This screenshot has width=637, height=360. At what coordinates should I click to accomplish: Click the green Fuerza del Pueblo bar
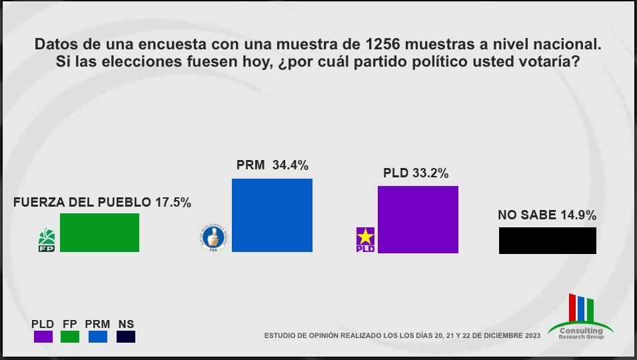point(99,233)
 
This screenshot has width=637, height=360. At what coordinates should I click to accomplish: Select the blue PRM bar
point(272,215)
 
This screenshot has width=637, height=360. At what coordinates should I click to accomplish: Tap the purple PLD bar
point(418,219)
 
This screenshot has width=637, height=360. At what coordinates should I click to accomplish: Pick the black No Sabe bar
point(547,241)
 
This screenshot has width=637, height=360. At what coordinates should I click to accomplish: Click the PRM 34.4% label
point(272,165)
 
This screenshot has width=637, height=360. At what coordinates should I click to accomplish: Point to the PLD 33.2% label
point(415,173)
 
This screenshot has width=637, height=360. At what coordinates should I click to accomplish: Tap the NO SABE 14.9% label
point(546,215)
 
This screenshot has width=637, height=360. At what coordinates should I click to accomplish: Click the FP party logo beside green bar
point(47,240)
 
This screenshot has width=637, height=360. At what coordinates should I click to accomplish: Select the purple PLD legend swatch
point(43,337)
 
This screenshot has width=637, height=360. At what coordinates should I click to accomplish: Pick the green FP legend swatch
point(70,337)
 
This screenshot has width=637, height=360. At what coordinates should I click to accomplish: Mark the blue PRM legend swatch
point(98,337)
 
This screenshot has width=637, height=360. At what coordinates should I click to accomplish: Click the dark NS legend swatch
point(126,337)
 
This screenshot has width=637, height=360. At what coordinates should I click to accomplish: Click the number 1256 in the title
point(383,45)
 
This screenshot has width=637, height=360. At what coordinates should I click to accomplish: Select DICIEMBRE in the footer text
point(498,336)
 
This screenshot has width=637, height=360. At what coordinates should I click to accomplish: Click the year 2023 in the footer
point(532,336)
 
